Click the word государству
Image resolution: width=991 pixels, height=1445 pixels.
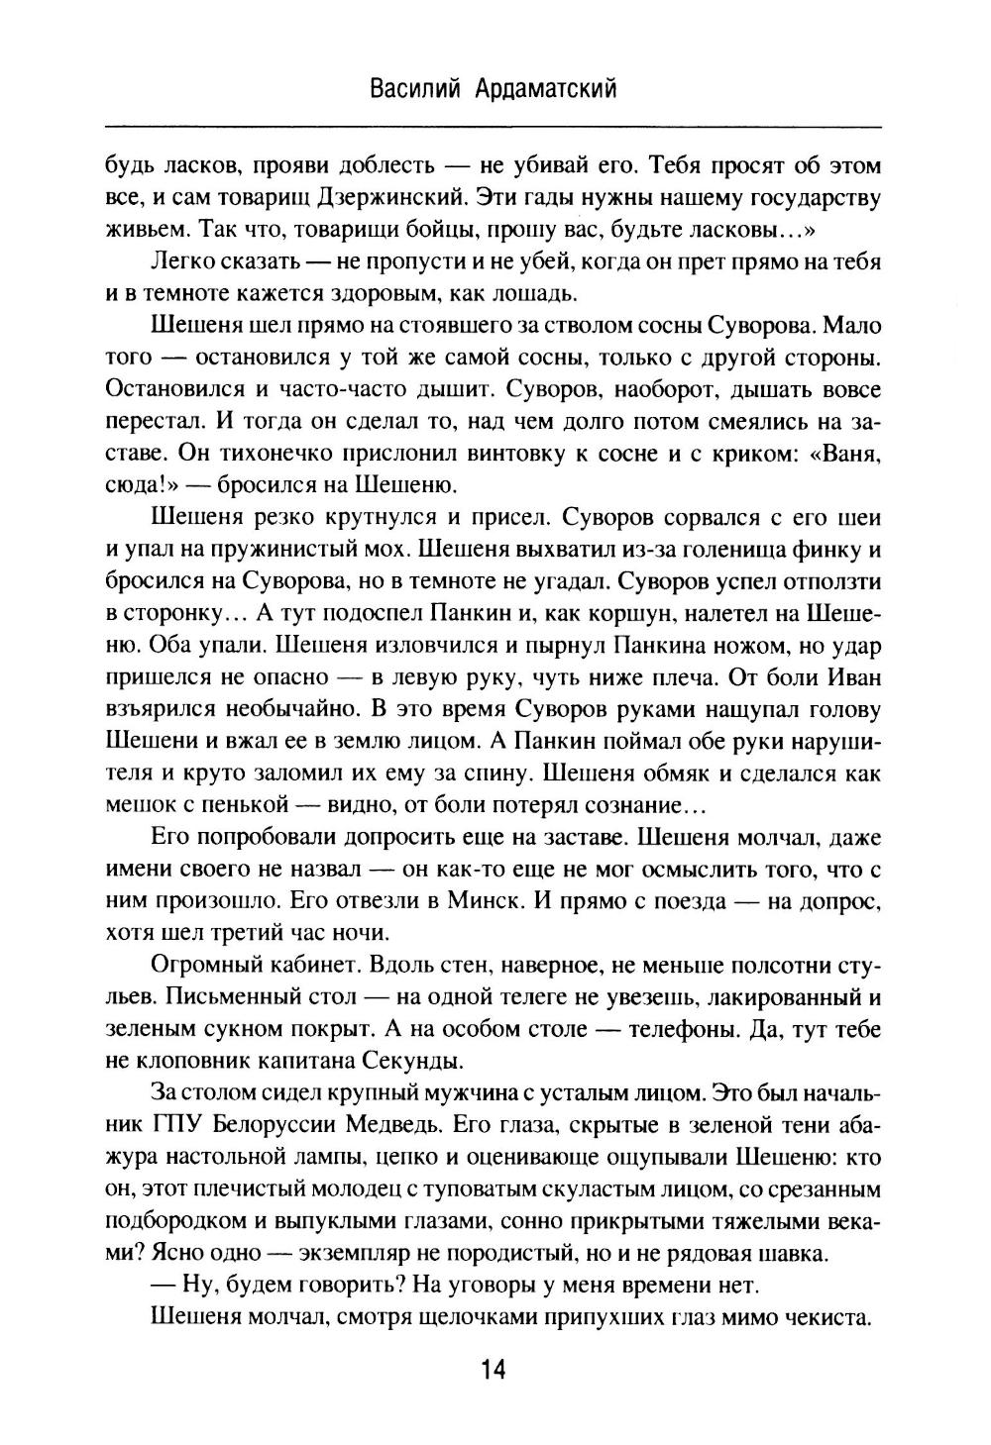(x=808, y=197)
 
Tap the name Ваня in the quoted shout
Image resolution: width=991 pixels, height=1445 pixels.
(x=848, y=455)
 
